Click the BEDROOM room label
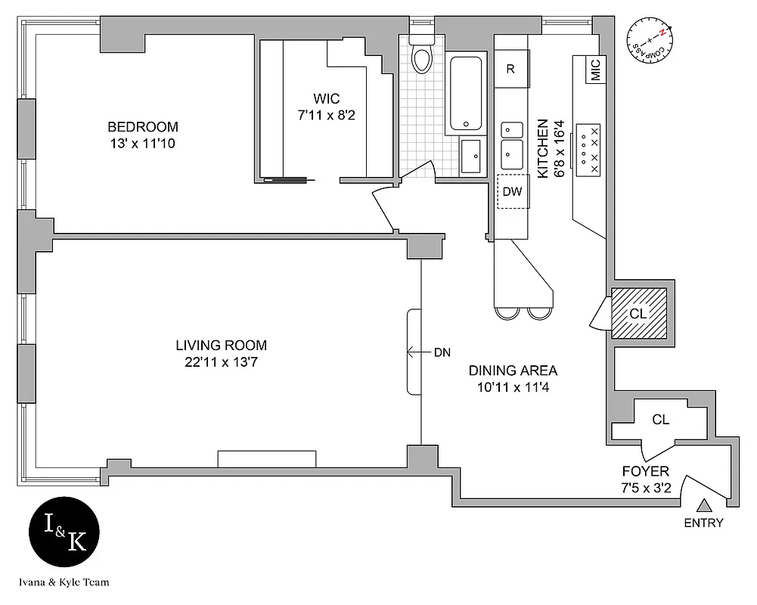[x=143, y=126]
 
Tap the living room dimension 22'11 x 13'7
[x=221, y=362]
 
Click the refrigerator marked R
[x=510, y=69]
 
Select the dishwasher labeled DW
[x=513, y=192]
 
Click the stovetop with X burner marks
[x=588, y=150]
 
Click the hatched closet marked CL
[x=638, y=312]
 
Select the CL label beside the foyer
[x=660, y=420]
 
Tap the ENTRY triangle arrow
[x=704, y=507]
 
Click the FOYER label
[x=645, y=471]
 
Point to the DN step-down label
[x=442, y=352]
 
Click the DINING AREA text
[x=513, y=371]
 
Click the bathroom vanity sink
[x=471, y=156]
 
